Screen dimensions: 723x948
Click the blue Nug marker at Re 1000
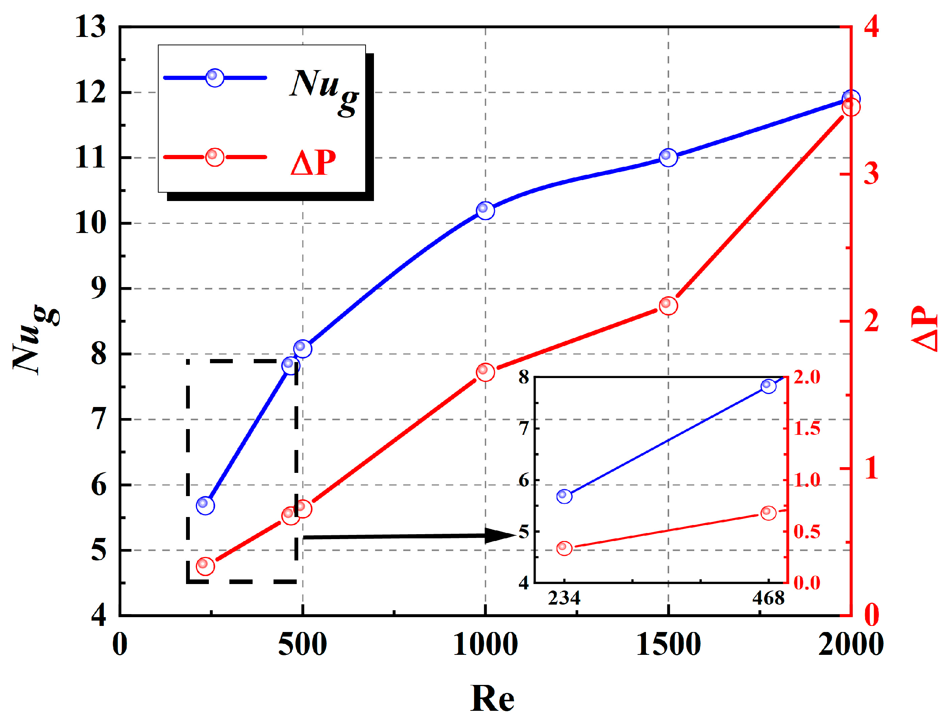(x=485, y=211)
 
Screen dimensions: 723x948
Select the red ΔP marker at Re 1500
(x=668, y=306)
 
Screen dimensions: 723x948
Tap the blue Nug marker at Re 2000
(x=851, y=99)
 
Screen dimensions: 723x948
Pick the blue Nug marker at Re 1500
(x=668, y=157)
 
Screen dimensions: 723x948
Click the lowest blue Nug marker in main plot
(x=205, y=505)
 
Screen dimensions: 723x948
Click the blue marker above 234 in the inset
(x=564, y=496)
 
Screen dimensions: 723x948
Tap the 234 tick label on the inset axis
(x=564, y=599)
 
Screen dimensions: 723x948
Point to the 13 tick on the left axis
(x=90, y=27)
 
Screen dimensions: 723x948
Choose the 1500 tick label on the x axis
(x=668, y=645)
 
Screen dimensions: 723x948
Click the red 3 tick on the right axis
(x=871, y=174)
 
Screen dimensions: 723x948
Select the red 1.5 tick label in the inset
(x=807, y=429)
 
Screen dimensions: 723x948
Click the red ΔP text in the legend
(x=313, y=163)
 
